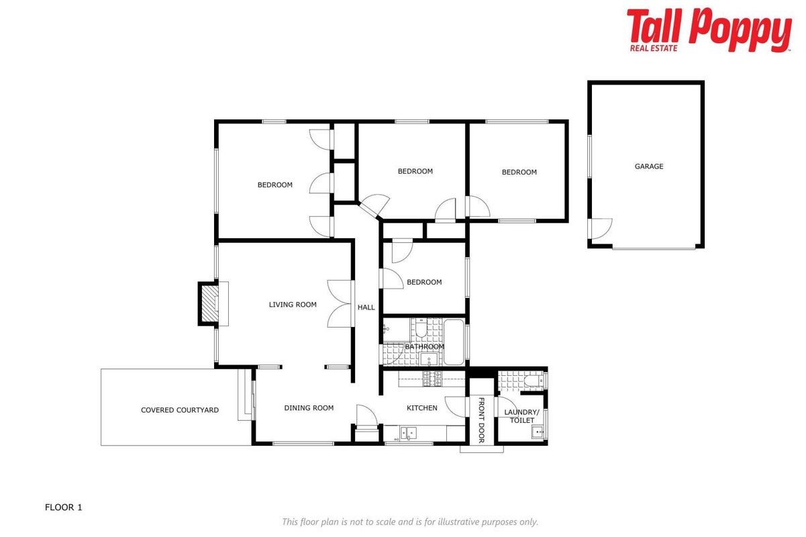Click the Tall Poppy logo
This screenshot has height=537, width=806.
[x=709, y=30]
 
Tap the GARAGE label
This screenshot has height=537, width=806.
[x=649, y=166]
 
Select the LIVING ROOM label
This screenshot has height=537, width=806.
[x=293, y=305]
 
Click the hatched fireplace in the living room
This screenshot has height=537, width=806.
[x=209, y=303]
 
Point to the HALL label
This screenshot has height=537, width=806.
[x=366, y=307]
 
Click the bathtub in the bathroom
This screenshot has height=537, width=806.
[x=454, y=342]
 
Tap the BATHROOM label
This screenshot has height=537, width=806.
[x=425, y=346]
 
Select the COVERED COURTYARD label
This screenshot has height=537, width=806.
[x=180, y=410]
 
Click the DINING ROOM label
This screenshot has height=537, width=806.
[x=309, y=408]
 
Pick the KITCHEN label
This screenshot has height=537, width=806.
[x=421, y=408]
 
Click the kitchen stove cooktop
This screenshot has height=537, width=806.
[x=432, y=379]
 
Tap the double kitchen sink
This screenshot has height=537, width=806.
[x=409, y=433]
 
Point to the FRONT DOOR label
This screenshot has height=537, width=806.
[x=481, y=420]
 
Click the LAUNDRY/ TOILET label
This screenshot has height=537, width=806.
[x=521, y=416]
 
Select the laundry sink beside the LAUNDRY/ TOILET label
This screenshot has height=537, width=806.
[x=538, y=432]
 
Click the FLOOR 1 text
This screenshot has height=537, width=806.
[x=63, y=507]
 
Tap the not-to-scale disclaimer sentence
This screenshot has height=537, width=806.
[x=410, y=522]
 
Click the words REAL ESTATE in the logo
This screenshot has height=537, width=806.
[x=654, y=48]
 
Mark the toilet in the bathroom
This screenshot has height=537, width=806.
[x=421, y=328]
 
